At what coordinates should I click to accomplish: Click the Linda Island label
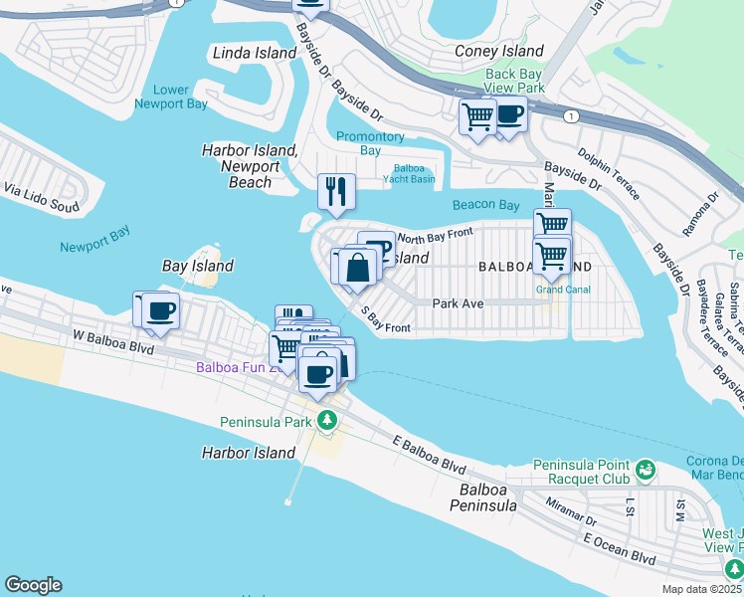(253, 52)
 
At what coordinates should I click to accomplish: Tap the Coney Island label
(499, 51)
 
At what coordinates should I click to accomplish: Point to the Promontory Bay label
(370, 143)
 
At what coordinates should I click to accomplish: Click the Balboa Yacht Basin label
(408, 172)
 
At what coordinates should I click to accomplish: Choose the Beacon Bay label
(486, 205)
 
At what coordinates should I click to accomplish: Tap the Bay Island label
(198, 266)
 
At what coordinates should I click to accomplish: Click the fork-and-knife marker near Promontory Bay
(336, 190)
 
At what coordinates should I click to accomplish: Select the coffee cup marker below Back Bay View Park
(509, 116)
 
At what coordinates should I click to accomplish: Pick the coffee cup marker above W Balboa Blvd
(160, 310)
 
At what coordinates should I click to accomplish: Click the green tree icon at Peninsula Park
(326, 420)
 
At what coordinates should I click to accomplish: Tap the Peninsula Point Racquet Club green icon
(645, 468)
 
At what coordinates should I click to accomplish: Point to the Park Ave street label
(458, 303)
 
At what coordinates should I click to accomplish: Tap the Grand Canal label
(563, 290)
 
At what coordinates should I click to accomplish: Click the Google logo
(33, 585)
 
